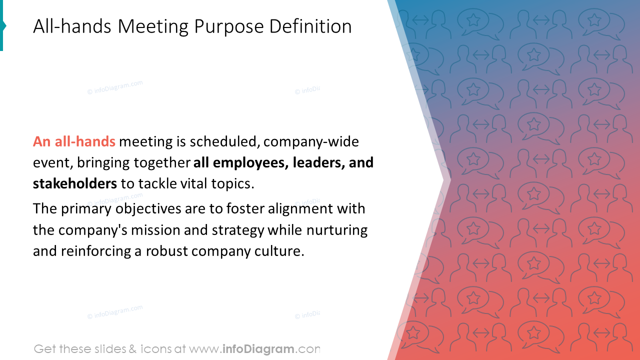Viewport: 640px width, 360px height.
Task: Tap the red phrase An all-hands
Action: point(74,142)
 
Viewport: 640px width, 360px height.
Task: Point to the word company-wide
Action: point(311,142)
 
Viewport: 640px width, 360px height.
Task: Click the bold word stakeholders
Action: point(75,184)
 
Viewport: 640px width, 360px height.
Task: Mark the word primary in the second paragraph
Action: point(85,209)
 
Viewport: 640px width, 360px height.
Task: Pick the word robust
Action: point(165,251)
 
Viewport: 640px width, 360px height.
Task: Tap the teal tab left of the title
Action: point(2,26)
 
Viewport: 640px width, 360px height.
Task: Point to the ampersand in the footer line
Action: point(132,349)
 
